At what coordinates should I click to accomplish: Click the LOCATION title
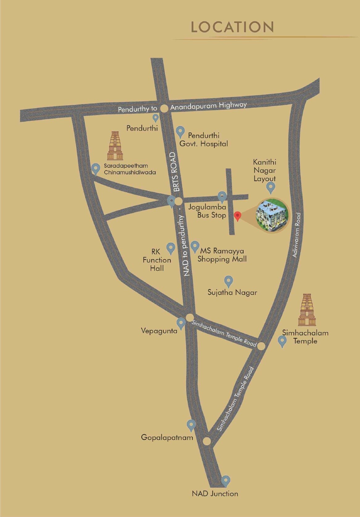232,27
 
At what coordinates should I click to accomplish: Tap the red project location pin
237,216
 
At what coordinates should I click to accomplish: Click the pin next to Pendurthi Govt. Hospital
180,132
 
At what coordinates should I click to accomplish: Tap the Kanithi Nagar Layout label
265,170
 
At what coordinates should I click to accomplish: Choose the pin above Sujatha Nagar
228,281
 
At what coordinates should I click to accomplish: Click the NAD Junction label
215,494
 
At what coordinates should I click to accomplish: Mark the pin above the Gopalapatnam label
191,425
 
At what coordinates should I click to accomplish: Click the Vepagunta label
159,331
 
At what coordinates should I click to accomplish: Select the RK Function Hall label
157,260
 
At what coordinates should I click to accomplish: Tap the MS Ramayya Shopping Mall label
222,255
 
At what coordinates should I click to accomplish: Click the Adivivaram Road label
296,235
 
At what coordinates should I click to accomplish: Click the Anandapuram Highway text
209,106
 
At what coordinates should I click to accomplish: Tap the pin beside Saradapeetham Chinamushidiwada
96,169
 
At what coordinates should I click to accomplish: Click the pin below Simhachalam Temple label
282,342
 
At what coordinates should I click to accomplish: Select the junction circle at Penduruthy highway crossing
164,108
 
